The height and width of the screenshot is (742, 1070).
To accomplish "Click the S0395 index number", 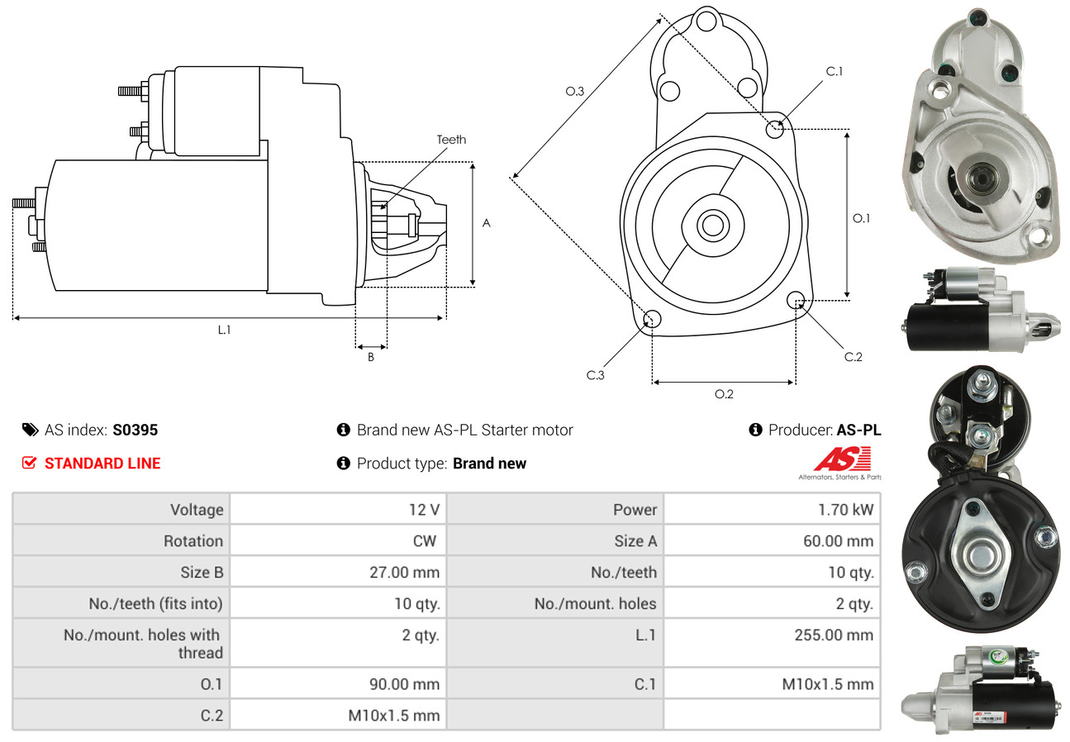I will tap(135, 430).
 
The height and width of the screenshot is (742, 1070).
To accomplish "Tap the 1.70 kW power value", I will tap(845, 510).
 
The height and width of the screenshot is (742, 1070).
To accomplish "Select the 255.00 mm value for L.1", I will tap(837, 635).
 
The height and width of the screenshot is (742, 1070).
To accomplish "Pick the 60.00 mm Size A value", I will tap(838, 541).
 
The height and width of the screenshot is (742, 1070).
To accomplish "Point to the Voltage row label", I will tap(197, 510).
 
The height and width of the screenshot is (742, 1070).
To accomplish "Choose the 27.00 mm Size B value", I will tap(405, 572).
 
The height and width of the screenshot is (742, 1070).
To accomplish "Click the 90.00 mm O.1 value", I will tap(405, 684).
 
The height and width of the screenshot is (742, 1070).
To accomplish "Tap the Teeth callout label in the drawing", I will tap(451, 140).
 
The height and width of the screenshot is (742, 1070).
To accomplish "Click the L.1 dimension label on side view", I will tap(224, 330).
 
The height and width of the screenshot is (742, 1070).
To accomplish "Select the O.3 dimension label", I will tap(575, 92).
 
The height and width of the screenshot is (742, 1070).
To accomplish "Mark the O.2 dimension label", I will tap(724, 394).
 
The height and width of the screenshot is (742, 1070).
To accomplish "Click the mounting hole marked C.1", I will tap(775, 129).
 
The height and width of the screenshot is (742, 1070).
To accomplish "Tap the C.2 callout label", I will tap(853, 357).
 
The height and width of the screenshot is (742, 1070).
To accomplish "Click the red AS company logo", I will tap(842, 459).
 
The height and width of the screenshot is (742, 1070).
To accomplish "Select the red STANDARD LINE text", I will tap(102, 464).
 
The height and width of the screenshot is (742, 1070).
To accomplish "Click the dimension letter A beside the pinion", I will tap(487, 223).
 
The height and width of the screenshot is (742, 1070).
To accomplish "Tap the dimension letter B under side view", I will tap(371, 358).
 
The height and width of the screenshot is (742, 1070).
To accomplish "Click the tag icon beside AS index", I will tap(30, 430).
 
